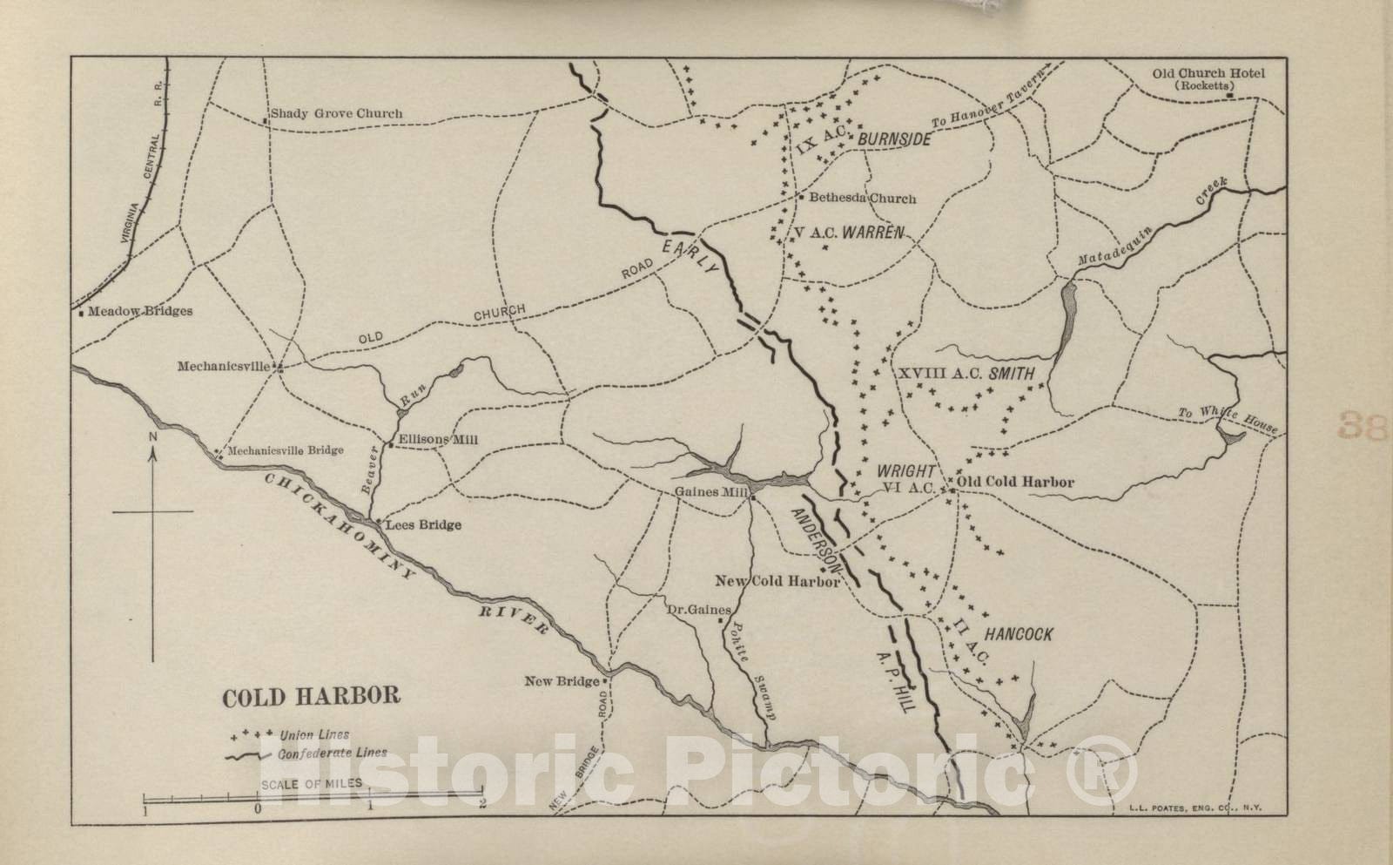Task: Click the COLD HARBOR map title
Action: click(312, 697)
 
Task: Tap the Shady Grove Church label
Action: click(336, 113)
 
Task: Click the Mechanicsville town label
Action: click(224, 367)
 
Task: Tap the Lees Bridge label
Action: click(423, 525)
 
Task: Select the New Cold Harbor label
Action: click(777, 581)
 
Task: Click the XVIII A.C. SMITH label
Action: click(966, 374)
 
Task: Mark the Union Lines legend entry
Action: click(314, 735)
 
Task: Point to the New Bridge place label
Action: click(562, 681)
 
